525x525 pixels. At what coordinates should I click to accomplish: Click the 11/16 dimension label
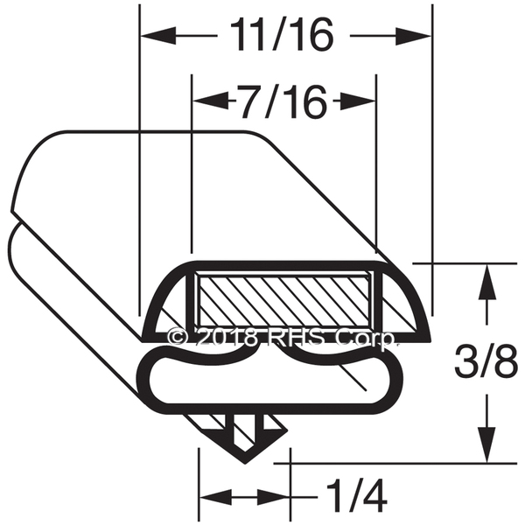tap(283, 34)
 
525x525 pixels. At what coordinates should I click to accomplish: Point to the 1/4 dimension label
tap(356, 497)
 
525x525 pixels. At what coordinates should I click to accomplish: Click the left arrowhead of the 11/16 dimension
tap(158, 35)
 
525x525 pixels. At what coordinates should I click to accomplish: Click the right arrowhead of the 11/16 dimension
tap(413, 36)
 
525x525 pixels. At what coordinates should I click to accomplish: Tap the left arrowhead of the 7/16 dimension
tap(211, 100)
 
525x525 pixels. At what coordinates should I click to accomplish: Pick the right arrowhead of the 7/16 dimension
tap(357, 100)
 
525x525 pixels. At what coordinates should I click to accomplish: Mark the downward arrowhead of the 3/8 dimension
tap(486, 445)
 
